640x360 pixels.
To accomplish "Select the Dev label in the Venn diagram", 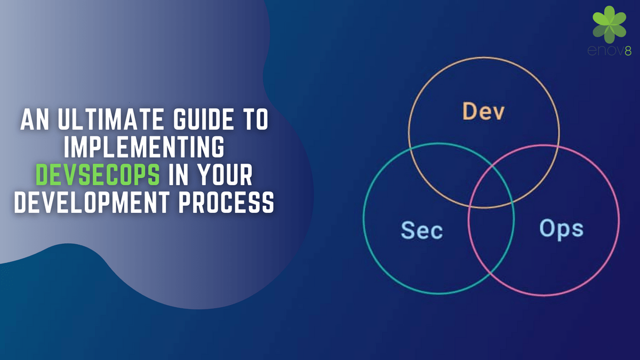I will point(483,111).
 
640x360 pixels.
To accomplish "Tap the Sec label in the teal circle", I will point(421,230).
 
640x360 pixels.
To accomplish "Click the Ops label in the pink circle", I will point(561,229).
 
